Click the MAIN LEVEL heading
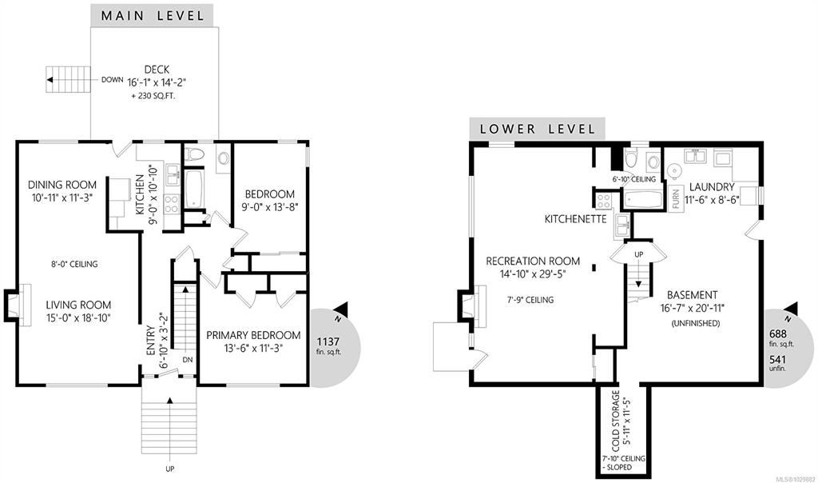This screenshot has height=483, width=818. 153,16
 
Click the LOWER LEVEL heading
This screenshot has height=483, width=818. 538,129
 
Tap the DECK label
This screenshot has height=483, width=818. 157,70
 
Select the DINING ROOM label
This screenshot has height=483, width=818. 62,184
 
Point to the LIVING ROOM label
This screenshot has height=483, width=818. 78,305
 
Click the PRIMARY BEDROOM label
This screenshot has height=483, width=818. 253,335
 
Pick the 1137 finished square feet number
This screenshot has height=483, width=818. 328,342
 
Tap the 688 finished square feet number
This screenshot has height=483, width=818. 778,333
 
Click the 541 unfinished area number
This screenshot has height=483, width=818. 777,360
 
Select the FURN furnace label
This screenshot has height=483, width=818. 676,199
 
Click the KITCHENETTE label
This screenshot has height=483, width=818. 575,219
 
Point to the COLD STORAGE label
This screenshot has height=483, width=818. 616,421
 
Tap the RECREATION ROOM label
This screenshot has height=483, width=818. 533,261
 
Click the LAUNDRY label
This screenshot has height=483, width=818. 712,187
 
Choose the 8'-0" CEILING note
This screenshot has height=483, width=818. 73,264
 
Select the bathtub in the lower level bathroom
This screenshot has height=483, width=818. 643,199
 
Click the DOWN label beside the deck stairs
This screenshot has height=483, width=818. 112,80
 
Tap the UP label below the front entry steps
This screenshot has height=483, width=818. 170,469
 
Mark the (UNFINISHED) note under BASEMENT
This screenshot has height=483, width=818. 696,323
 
